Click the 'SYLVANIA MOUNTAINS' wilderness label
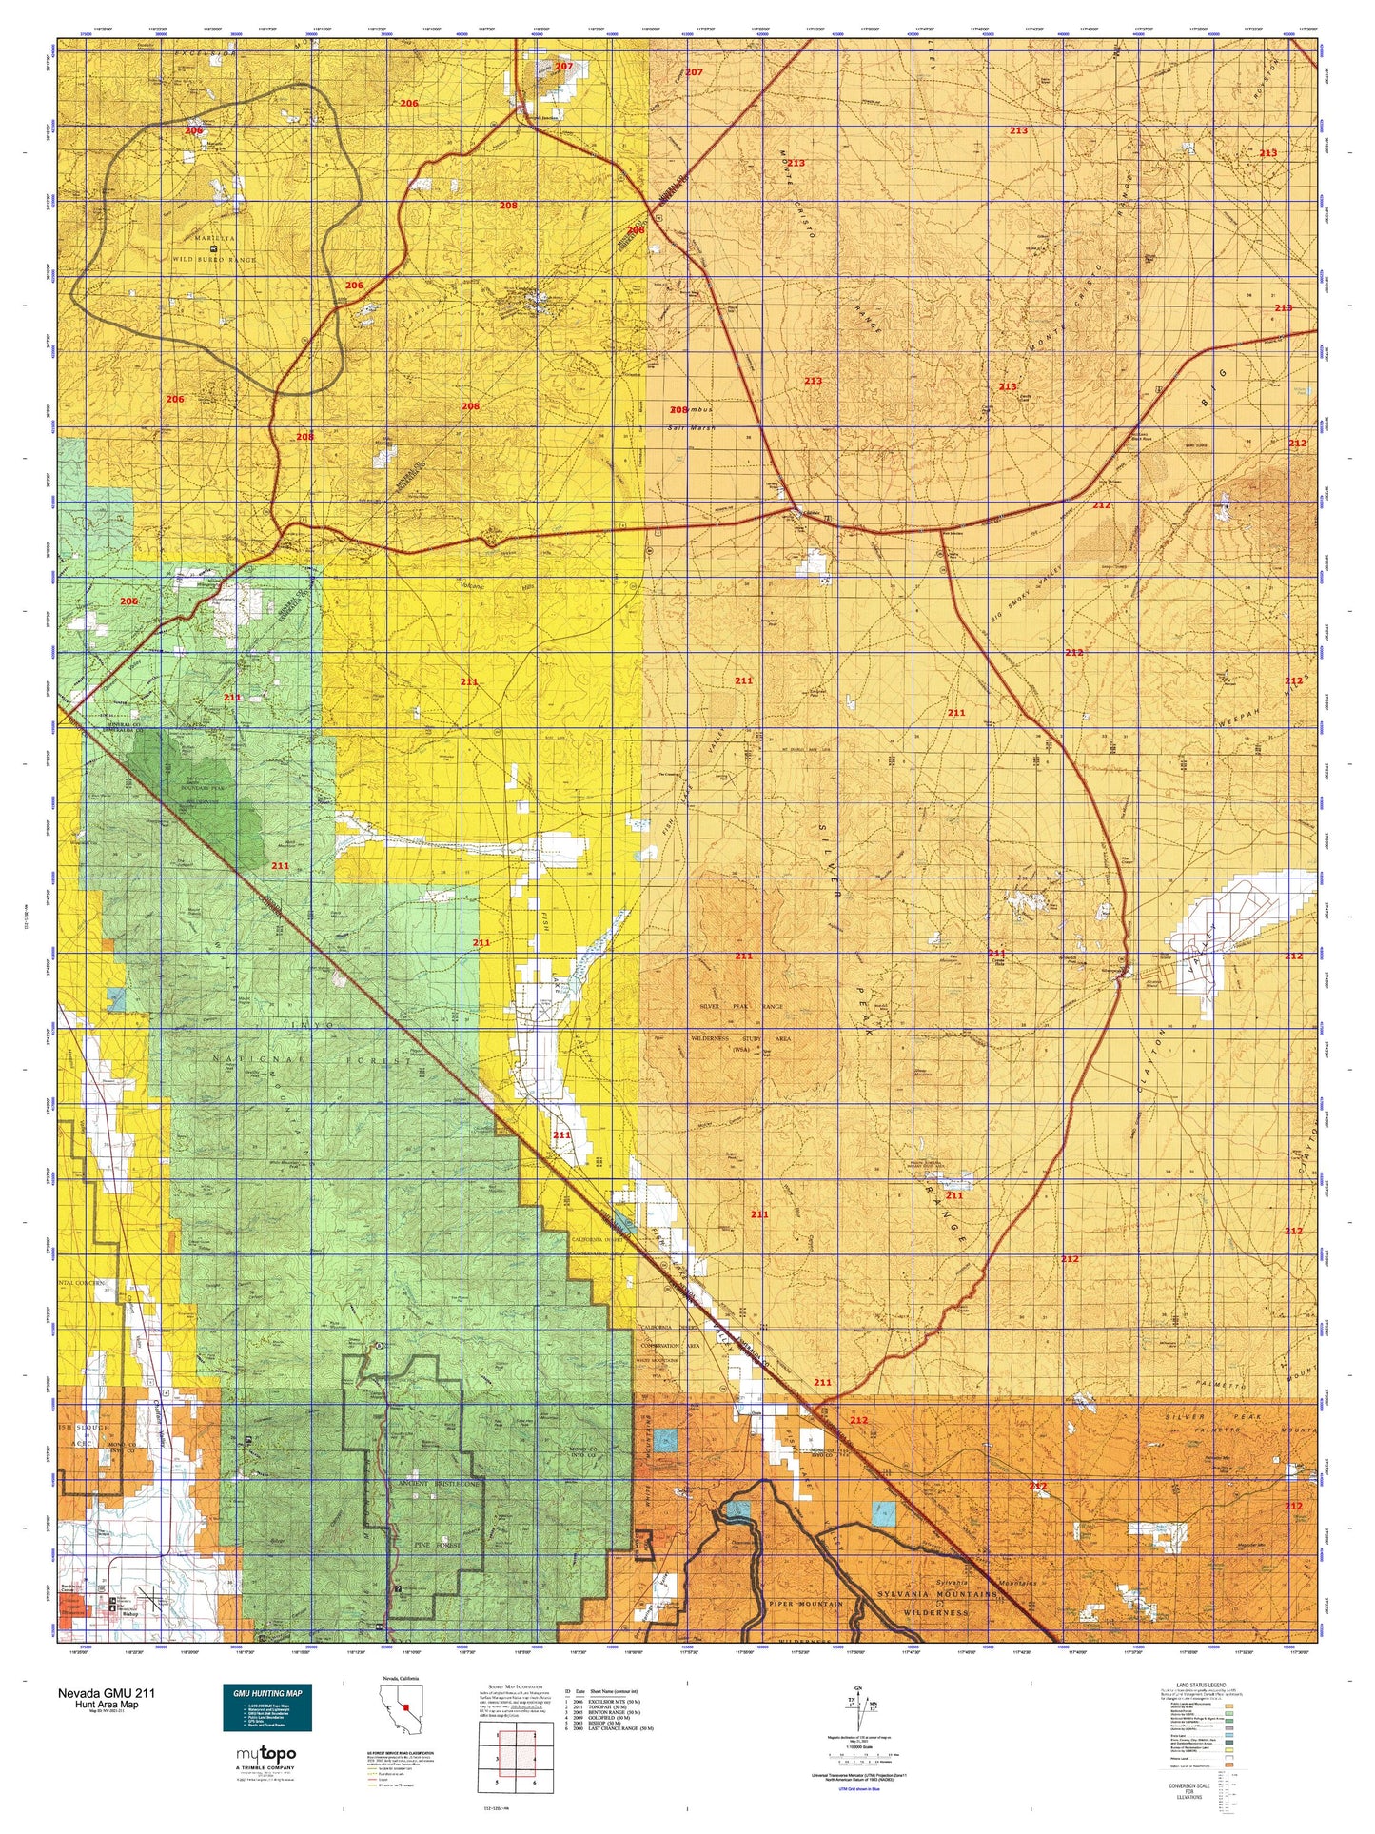point(937,1592)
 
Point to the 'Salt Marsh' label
point(691,428)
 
